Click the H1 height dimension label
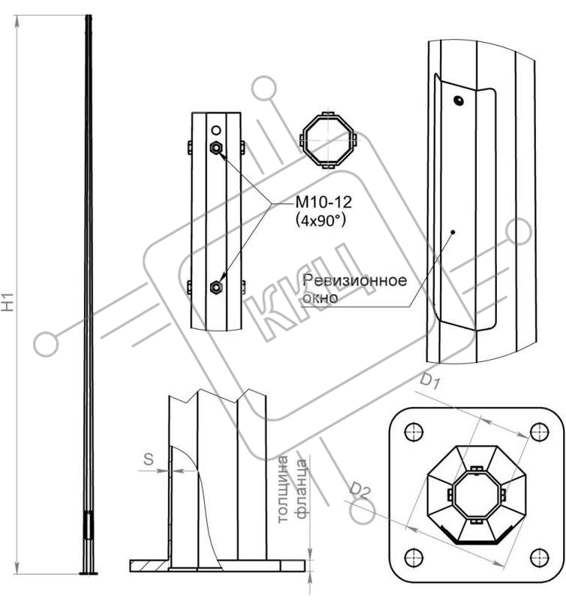coord(8,301)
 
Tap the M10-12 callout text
coord(324,202)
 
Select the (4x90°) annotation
coord(321,220)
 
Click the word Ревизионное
coord(354,280)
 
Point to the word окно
coord(320,297)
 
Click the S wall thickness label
coord(149,459)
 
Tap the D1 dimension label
coord(430,382)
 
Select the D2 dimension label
coord(360,491)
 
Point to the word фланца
coord(302,489)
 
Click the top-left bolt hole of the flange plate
coord(414,432)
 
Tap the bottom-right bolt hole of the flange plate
coord(540,557)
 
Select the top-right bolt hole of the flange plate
coord(540,432)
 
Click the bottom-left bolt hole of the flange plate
coord(414,557)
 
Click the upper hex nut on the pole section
coord(216,147)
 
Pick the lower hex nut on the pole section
coord(216,287)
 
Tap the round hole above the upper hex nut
coord(216,130)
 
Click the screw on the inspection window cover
coord(459,101)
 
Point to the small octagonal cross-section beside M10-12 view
coord(328,140)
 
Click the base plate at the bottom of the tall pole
coord(89,573)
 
